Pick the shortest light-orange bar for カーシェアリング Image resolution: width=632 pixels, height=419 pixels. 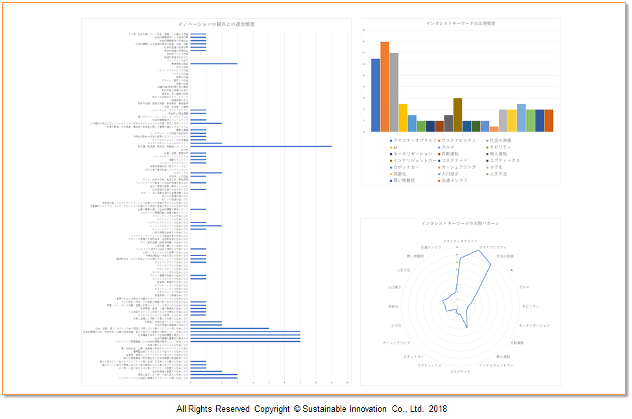coord(494,128)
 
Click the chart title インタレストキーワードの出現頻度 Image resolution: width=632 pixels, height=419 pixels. coord(461,23)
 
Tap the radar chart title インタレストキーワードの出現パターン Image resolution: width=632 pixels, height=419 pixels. coord(460,223)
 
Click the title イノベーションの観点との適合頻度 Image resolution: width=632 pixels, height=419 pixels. coord(216,24)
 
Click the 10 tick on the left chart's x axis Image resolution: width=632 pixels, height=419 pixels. coord(348,382)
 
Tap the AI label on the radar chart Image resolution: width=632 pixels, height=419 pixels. coord(512,269)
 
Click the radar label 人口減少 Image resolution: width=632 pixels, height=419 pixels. coord(394,287)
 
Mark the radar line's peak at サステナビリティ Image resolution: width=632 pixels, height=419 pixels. coord(479,250)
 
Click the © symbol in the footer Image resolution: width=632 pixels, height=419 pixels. coord(297,409)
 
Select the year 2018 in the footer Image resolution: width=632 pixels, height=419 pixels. coord(437,409)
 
